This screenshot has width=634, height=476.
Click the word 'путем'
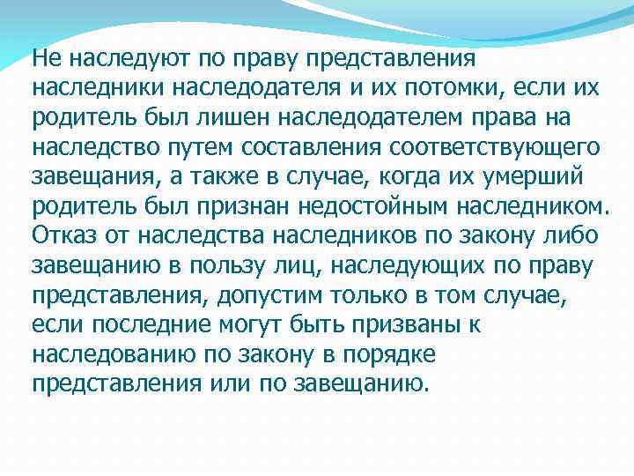(x=216, y=146)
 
